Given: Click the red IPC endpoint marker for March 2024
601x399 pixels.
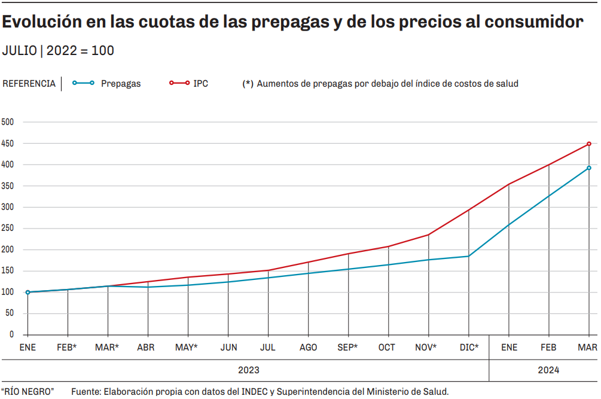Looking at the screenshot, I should click(589, 144).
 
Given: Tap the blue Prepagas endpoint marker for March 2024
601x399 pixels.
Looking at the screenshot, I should click(589, 168).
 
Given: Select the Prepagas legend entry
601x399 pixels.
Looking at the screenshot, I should click(120, 84).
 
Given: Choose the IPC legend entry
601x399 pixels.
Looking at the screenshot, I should click(200, 84).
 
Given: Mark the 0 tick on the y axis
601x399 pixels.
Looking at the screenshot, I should click(10, 335).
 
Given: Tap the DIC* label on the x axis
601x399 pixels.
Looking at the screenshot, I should click(469, 348).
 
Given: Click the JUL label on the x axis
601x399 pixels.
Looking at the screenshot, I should click(268, 348).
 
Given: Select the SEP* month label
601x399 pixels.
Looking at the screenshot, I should click(348, 348).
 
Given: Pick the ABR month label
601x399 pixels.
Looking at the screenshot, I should click(148, 348).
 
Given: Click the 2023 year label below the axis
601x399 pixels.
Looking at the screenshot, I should click(249, 370).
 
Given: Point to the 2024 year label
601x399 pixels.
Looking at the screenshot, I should click(548, 370).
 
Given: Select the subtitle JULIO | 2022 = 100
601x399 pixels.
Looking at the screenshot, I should click(58, 51).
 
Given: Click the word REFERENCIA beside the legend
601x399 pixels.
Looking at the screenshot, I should click(29, 84).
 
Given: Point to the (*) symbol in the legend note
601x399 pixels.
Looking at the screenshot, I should click(248, 84).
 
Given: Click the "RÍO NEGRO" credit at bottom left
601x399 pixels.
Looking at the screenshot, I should click(28, 392).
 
